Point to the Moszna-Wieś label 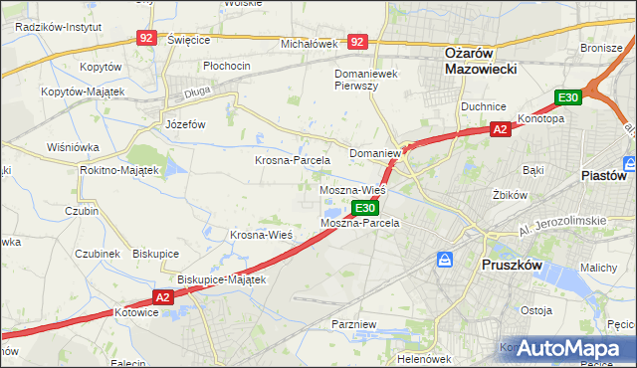coord(352,189)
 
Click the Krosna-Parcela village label coord(293,160)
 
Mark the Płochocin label coord(226,66)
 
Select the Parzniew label coord(354,324)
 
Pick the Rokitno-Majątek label coord(119,170)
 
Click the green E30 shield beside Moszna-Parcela coord(365,208)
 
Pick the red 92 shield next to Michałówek coord(358,42)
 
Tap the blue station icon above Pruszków coord(445,260)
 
